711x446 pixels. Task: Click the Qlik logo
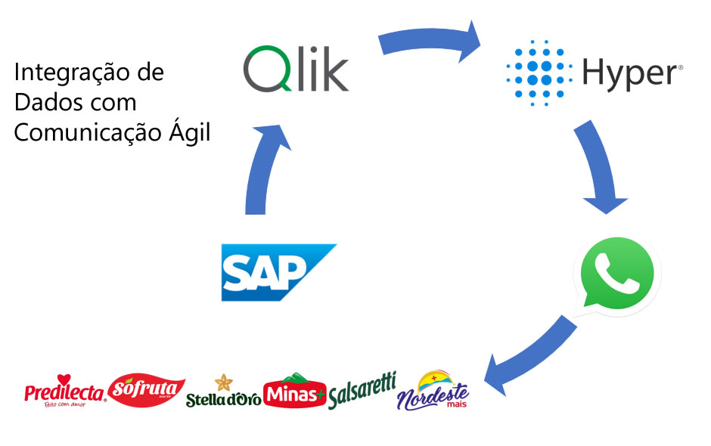(x=296, y=70)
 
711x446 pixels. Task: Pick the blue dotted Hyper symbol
(x=538, y=73)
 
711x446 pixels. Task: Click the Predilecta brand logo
(x=65, y=391)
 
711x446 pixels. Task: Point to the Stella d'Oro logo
(x=223, y=392)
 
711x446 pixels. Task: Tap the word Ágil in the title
(x=191, y=132)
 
